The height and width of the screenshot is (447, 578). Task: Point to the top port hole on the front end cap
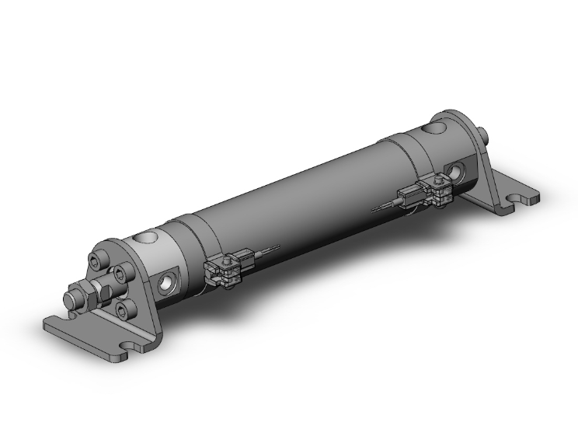(144, 236)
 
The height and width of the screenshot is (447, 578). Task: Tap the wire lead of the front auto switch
(266, 250)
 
